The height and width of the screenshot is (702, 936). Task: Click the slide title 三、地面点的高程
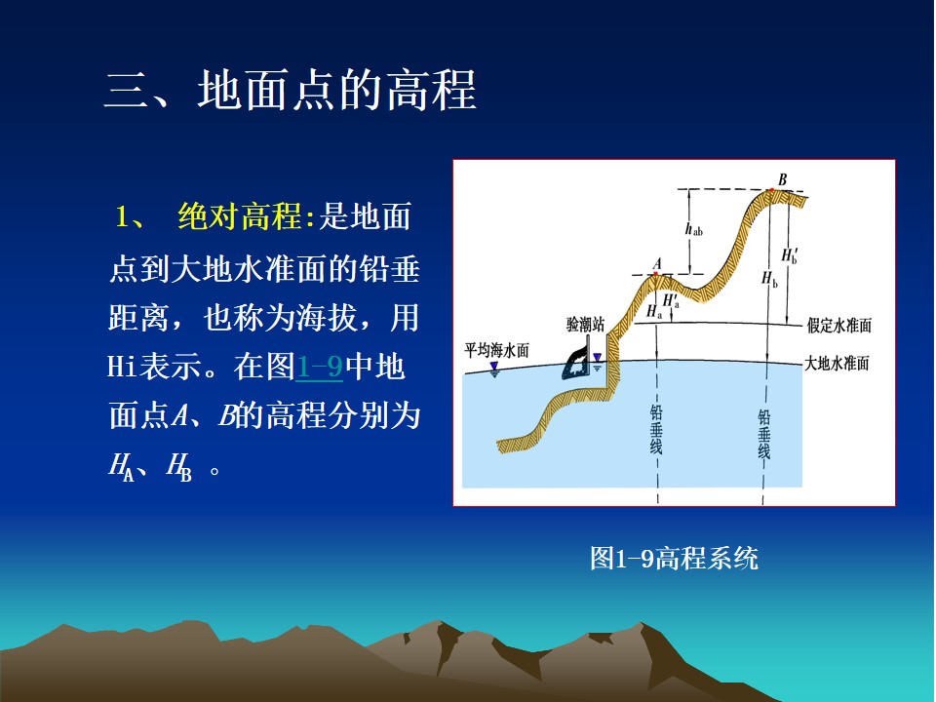(x=291, y=90)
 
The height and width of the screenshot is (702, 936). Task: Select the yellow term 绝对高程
(x=241, y=216)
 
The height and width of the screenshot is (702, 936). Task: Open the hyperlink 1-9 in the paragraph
(x=320, y=367)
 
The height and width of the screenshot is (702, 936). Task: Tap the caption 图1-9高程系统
(x=674, y=558)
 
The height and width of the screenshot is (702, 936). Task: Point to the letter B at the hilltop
(x=783, y=179)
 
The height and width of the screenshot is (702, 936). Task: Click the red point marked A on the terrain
(x=655, y=273)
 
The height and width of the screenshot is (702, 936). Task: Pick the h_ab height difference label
(x=693, y=229)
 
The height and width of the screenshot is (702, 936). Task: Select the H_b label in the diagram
(x=769, y=279)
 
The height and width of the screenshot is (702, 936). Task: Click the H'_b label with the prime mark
(x=790, y=254)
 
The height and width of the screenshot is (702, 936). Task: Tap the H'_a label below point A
(x=671, y=300)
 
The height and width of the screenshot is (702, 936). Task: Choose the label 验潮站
(x=585, y=324)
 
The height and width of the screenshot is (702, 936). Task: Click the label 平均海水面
(x=496, y=350)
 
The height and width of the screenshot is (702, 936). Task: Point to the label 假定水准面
(x=839, y=326)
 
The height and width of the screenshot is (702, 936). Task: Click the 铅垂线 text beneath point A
(x=656, y=429)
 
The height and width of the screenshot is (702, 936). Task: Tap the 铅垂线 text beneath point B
(x=764, y=434)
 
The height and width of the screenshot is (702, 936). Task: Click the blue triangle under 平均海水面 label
(x=494, y=370)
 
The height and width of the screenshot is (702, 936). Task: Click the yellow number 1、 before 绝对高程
(x=130, y=216)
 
